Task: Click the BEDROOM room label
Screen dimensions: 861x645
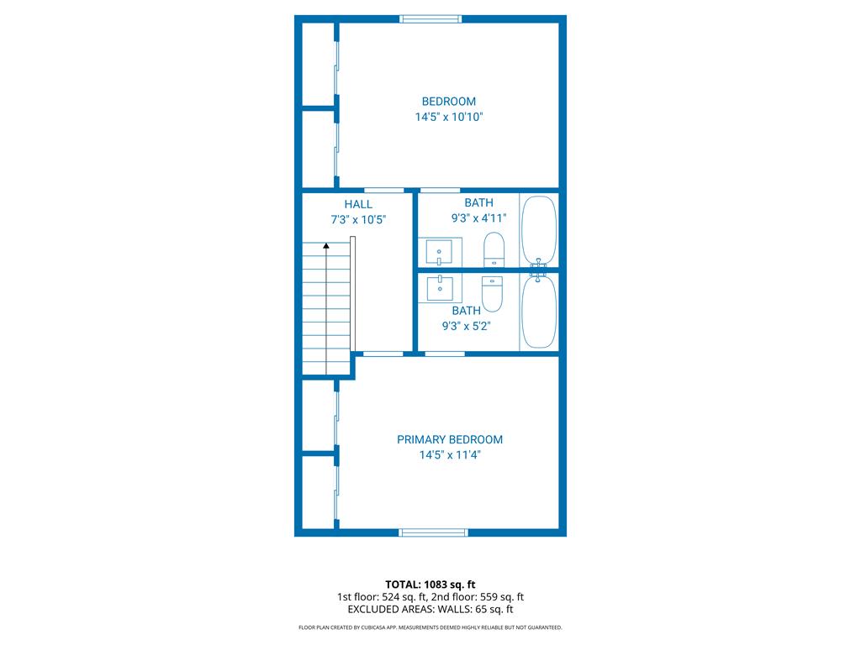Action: click(x=449, y=102)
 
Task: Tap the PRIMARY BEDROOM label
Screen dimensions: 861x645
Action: click(x=450, y=439)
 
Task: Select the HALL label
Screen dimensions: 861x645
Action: click(x=358, y=204)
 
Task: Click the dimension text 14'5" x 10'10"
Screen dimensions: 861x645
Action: click(x=449, y=117)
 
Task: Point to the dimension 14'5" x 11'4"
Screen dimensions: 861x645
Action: click(x=450, y=454)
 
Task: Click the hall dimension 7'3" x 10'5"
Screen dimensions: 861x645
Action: click(x=358, y=219)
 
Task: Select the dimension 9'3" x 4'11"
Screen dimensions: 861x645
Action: click(x=478, y=218)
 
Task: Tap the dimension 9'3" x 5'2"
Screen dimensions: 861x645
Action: click(x=466, y=326)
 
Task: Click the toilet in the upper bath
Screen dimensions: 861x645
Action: click(x=494, y=249)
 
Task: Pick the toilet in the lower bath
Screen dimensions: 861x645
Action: click(x=492, y=293)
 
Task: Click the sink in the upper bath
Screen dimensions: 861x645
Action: click(x=440, y=252)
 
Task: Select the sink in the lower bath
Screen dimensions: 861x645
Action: click(x=440, y=288)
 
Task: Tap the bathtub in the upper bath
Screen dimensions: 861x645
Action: click(x=539, y=230)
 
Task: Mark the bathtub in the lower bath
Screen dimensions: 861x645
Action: click(x=539, y=312)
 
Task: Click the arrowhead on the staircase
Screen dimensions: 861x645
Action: click(x=326, y=246)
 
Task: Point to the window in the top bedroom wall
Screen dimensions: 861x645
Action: click(x=430, y=19)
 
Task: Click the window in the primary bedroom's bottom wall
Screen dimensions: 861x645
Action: click(x=433, y=532)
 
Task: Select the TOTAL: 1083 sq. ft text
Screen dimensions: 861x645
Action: click(x=430, y=585)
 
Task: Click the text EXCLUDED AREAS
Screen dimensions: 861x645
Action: click(x=390, y=610)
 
